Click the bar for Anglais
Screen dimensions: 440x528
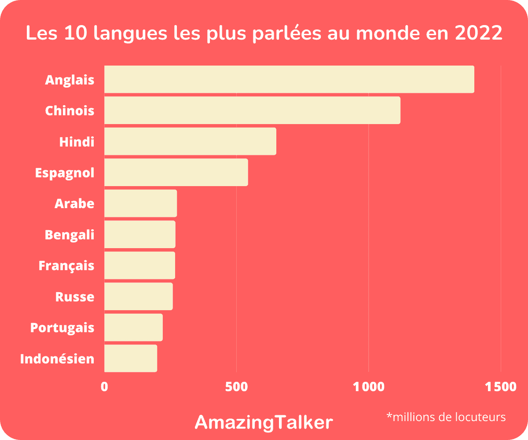pos(289,79)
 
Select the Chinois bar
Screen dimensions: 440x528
pos(252,110)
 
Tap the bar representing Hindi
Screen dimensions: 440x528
pos(190,141)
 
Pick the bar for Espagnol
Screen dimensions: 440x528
pos(176,172)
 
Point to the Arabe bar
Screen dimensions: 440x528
pos(140,203)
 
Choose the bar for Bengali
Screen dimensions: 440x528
pos(139,235)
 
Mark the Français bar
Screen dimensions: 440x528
pos(139,265)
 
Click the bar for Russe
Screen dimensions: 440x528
pos(138,297)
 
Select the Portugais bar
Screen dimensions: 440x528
pos(133,327)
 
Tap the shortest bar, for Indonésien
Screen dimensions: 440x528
pos(131,358)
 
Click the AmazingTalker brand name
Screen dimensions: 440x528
pos(264,422)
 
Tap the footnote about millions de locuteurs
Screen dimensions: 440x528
pos(446,417)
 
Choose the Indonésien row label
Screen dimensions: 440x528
pos(57,359)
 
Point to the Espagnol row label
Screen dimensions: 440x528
pos(65,172)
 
